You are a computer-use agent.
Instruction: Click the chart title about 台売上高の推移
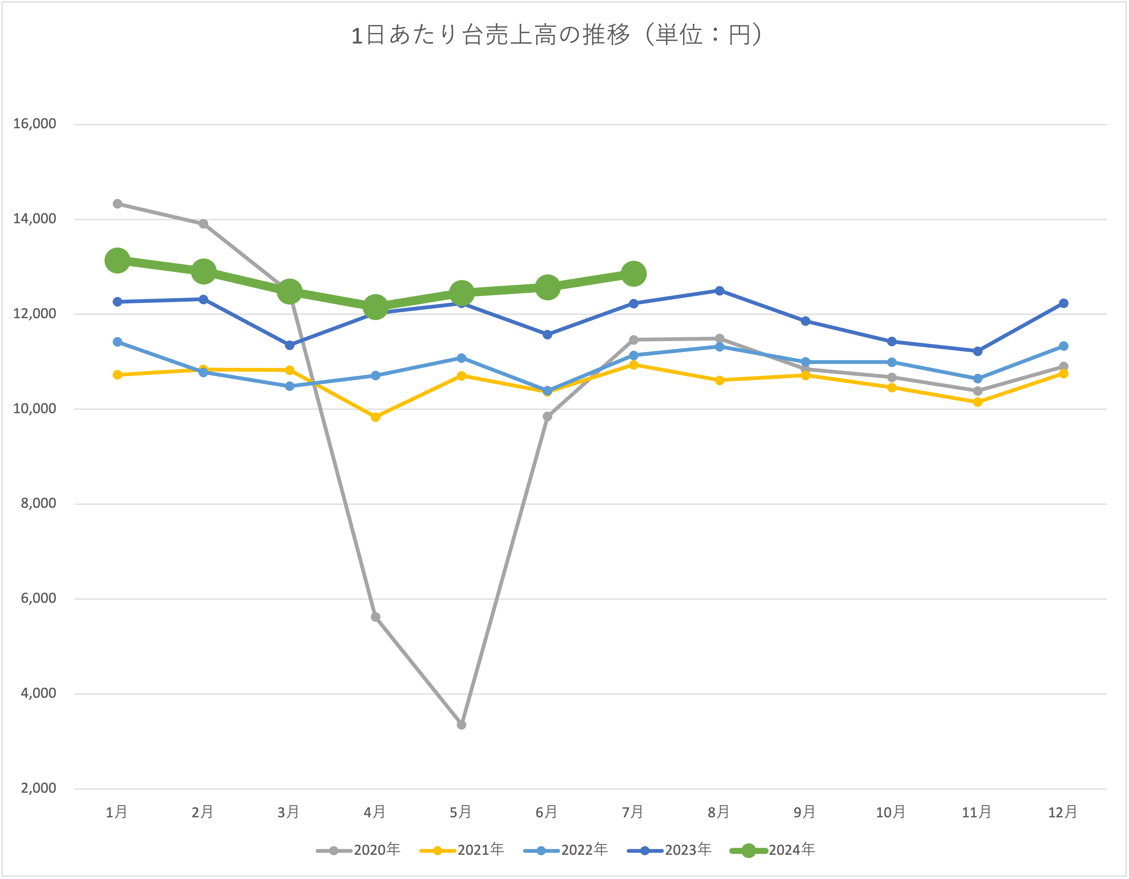click(x=557, y=36)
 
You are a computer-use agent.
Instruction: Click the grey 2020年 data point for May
click(x=462, y=725)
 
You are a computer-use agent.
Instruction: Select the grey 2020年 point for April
click(x=376, y=617)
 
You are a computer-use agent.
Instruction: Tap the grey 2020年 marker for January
click(x=117, y=204)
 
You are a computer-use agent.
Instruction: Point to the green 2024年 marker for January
click(x=117, y=260)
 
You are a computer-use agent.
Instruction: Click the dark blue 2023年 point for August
click(x=719, y=291)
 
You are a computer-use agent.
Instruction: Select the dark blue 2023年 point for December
click(x=1064, y=303)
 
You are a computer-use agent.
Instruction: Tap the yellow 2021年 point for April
click(x=376, y=417)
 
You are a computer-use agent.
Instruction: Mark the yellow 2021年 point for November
click(x=978, y=402)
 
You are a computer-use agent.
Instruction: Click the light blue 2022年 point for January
click(x=117, y=342)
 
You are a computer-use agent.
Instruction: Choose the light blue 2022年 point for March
click(x=290, y=386)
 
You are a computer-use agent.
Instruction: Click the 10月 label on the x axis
click(x=890, y=812)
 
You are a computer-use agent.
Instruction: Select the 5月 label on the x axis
click(x=461, y=812)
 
